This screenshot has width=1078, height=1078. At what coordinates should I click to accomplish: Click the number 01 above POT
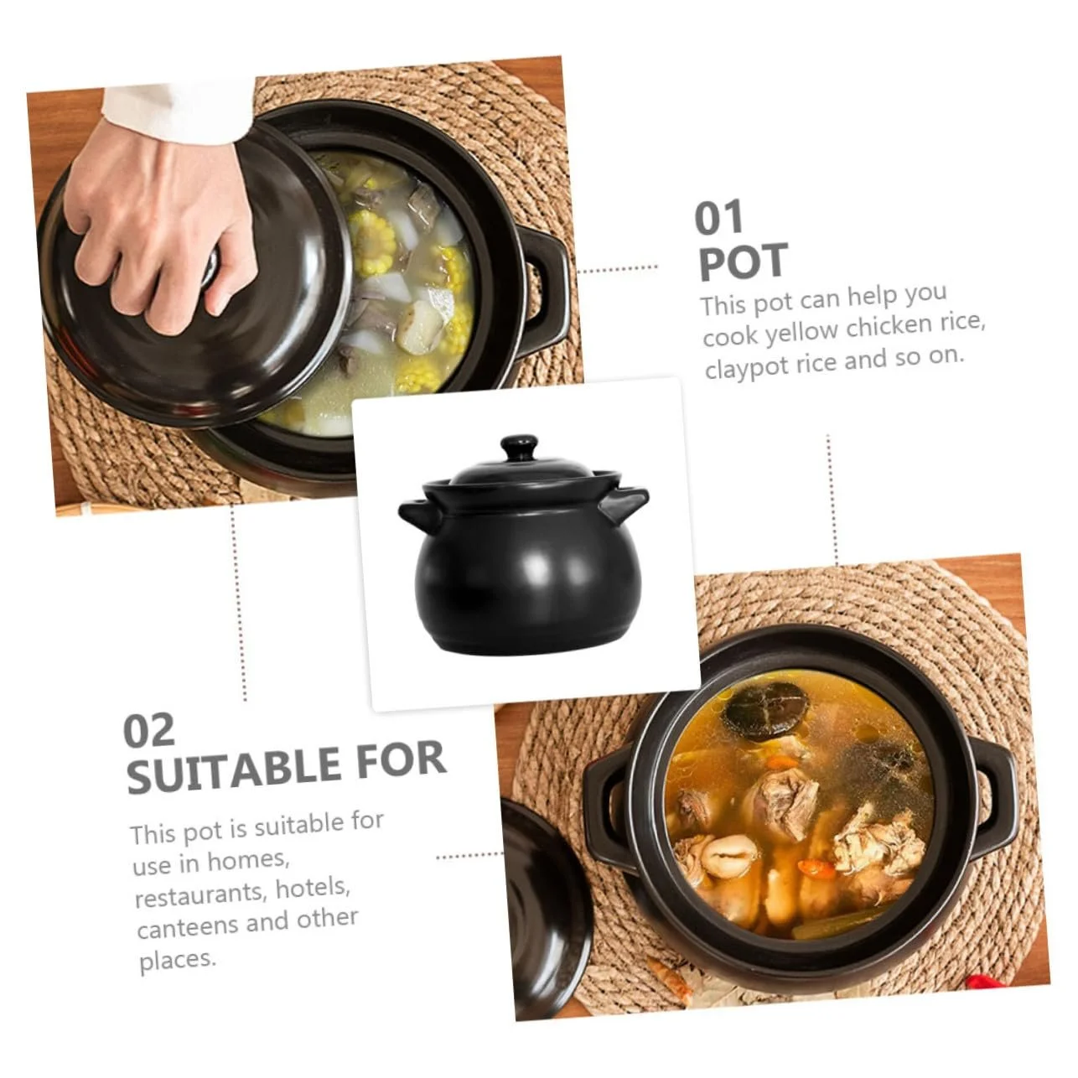pos(719,218)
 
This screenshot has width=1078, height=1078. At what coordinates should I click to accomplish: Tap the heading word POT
pos(744,262)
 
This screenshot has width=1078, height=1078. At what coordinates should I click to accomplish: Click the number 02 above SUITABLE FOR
pos(148,730)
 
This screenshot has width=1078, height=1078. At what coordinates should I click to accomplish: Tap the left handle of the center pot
pos(415,515)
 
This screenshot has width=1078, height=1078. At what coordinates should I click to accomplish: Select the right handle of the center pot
pos(625,504)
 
